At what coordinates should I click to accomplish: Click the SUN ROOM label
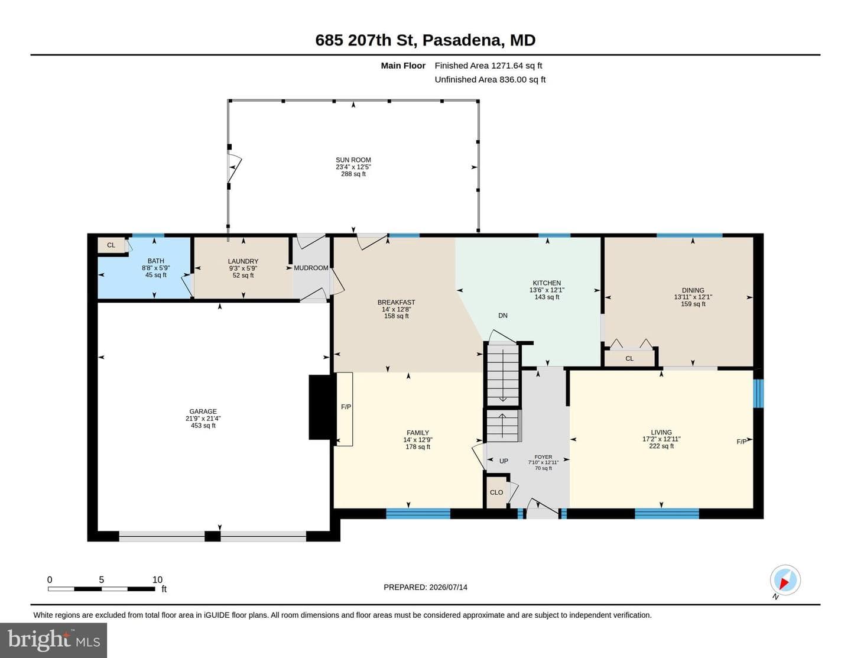coord(353,160)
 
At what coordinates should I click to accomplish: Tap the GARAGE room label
coord(203,411)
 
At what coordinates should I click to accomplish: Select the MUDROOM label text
coord(311,268)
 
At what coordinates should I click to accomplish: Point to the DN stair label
coord(503,315)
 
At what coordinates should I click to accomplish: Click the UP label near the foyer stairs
coord(504,461)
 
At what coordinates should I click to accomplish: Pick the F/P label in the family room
coord(346,407)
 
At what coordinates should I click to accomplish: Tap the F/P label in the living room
coord(741,442)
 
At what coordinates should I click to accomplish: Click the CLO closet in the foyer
coord(496,492)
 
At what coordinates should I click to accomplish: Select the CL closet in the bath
coord(111,245)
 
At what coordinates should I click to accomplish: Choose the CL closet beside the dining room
coord(629,358)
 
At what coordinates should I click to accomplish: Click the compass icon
coord(785,581)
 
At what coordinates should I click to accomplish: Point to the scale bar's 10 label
coord(157,579)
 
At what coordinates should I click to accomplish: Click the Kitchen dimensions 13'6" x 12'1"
coord(547,290)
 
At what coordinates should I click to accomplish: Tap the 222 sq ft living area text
coord(661,446)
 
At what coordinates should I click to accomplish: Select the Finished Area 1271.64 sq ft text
coord(488,66)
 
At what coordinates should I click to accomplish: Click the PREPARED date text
coord(425,587)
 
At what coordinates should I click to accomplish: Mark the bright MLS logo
coord(53,640)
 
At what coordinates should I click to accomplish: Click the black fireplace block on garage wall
coord(322,407)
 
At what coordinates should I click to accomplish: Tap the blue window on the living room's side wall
coord(759,393)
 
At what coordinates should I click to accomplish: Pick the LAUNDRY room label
coord(243,261)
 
